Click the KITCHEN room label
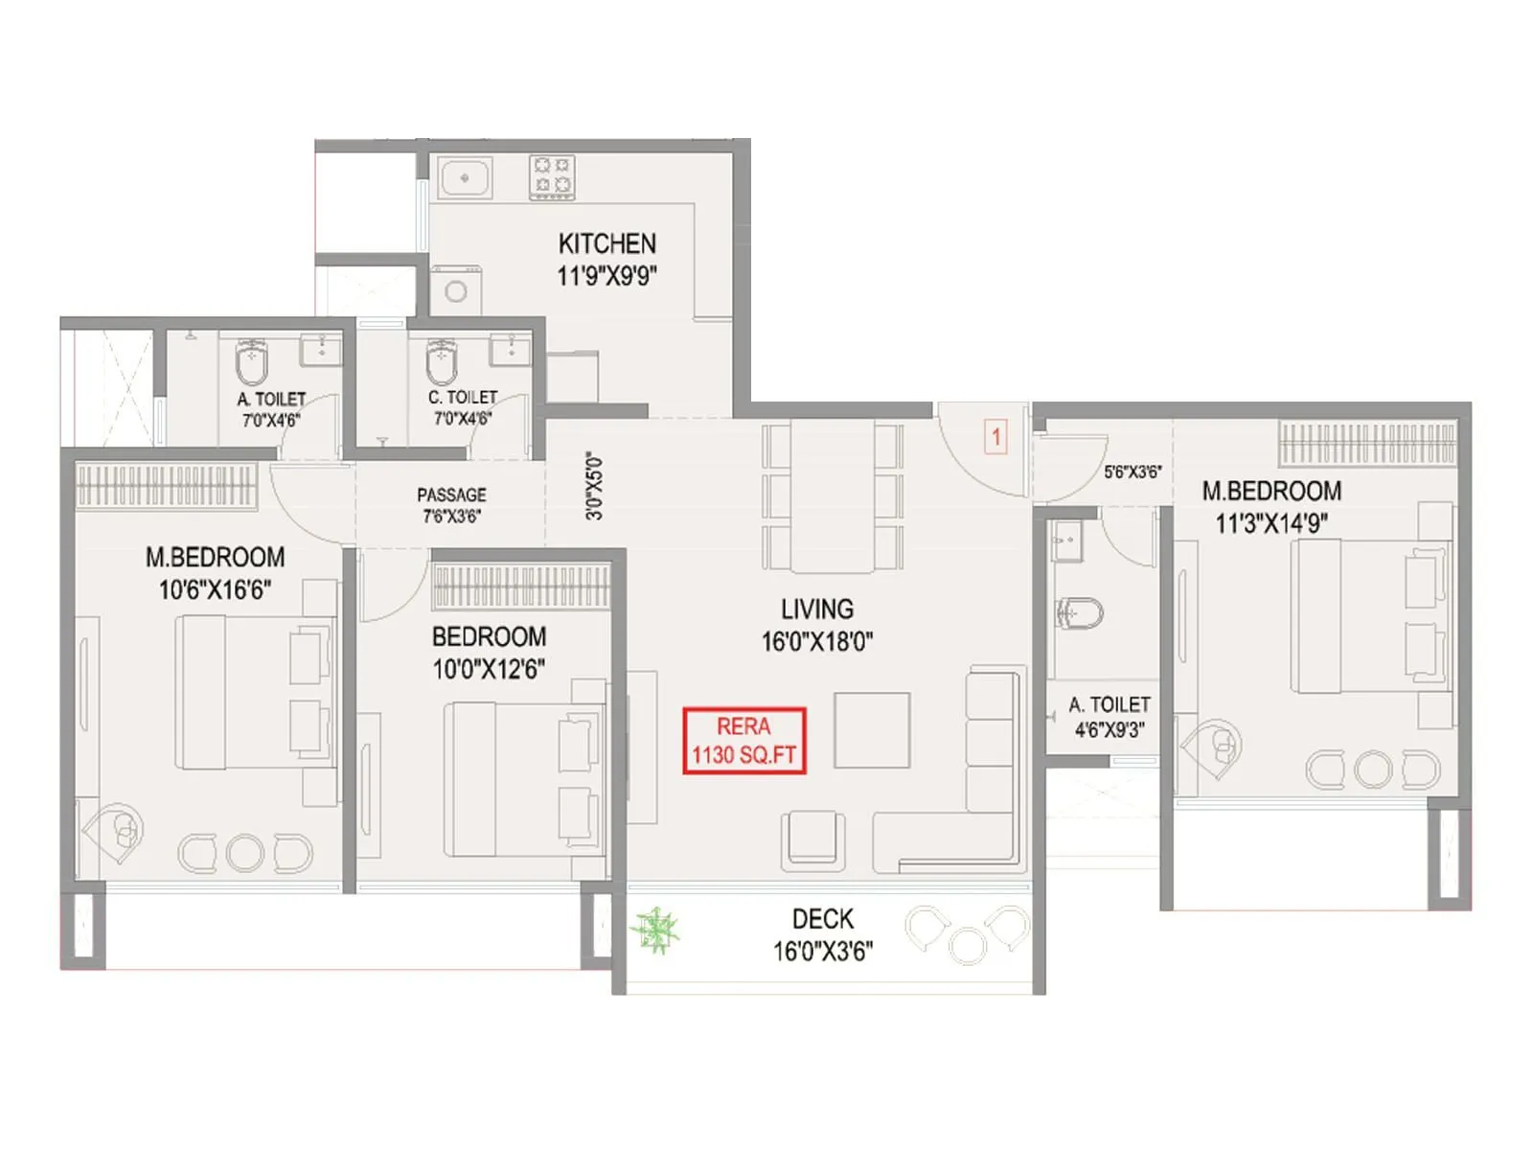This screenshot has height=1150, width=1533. click(607, 243)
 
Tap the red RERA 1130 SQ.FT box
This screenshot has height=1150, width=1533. click(744, 741)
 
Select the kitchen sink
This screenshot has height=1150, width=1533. click(465, 178)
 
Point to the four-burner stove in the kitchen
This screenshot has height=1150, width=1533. click(553, 177)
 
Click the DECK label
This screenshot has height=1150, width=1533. click(822, 919)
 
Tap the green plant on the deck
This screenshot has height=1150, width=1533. click(655, 930)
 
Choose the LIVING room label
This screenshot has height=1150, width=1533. click(816, 609)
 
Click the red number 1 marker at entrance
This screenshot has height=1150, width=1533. click(996, 438)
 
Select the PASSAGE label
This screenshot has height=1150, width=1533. click(451, 494)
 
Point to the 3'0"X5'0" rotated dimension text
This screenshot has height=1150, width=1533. click(595, 486)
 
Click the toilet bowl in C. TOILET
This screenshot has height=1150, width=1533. click(442, 360)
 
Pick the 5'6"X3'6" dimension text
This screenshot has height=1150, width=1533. click(1133, 471)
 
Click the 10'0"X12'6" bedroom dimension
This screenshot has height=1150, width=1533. click(489, 669)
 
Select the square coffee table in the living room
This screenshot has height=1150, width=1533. click(872, 730)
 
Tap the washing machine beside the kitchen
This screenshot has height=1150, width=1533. click(456, 291)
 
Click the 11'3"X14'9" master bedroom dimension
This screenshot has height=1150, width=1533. click(1271, 523)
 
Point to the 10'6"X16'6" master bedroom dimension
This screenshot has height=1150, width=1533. click(215, 589)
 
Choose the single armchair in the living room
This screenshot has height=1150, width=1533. click(812, 839)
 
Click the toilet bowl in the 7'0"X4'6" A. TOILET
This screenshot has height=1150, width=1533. click(251, 361)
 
